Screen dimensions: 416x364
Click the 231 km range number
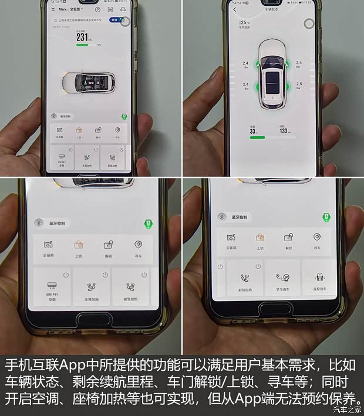(82, 37)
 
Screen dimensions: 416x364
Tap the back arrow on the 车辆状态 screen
(235, 10)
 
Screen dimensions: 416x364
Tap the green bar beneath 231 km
(82, 45)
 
